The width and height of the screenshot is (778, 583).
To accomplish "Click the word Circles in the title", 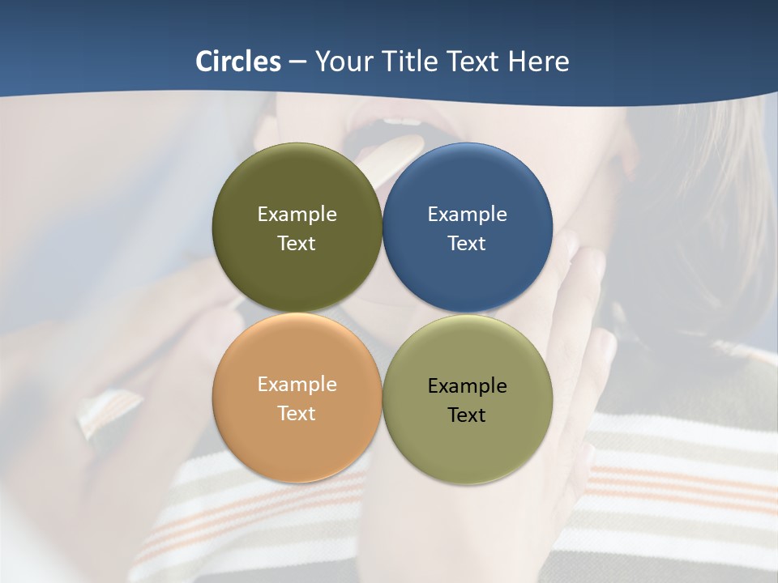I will pyautogui.click(x=238, y=62).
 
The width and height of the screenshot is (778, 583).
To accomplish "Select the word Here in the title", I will pyautogui.click(x=539, y=62).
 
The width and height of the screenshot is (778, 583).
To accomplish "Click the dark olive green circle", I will pyautogui.click(x=297, y=228).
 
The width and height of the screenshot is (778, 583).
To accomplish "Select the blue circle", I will pyautogui.click(x=467, y=228).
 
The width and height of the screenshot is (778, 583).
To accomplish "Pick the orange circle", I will pyautogui.click(x=297, y=398).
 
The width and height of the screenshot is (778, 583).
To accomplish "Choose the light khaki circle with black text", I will pyautogui.click(x=467, y=400).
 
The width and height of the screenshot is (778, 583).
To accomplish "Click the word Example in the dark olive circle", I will pyautogui.click(x=297, y=215).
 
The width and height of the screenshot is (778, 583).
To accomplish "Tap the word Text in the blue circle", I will pyautogui.click(x=467, y=244).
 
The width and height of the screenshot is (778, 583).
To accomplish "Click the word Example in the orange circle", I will pyautogui.click(x=297, y=385).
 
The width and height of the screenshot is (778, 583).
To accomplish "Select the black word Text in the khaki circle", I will pyautogui.click(x=467, y=415).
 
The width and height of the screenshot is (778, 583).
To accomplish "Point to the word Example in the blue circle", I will pyautogui.click(x=467, y=215).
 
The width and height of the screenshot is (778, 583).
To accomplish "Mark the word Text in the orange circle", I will pyautogui.click(x=297, y=414).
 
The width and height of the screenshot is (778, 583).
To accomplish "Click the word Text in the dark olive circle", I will pyautogui.click(x=297, y=244).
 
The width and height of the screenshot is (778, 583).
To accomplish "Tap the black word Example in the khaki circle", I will pyautogui.click(x=467, y=386).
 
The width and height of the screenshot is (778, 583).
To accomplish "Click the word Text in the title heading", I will pyautogui.click(x=474, y=62).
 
